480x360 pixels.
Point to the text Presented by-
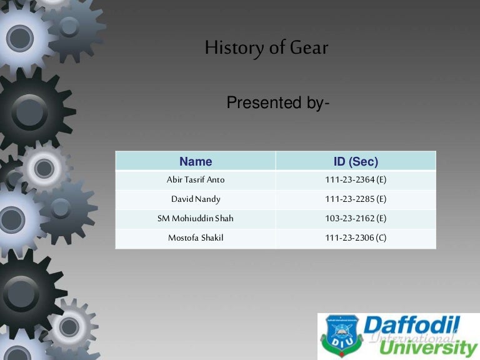click(277, 102)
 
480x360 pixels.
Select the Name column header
click(196, 161)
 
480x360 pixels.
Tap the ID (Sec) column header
click(356, 161)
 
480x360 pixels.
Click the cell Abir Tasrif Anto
click(196, 180)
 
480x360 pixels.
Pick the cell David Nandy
click(196, 199)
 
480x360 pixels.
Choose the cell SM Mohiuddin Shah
click(196, 219)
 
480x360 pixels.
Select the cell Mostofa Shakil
click(196, 238)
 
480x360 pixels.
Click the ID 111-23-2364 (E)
click(356, 180)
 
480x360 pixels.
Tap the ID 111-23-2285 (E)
click(356, 199)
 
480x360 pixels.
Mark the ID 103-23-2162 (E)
click(356, 219)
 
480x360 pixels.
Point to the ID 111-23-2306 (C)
click(356, 238)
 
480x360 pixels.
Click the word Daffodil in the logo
click(412, 326)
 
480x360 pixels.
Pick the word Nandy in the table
click(207, 199)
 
